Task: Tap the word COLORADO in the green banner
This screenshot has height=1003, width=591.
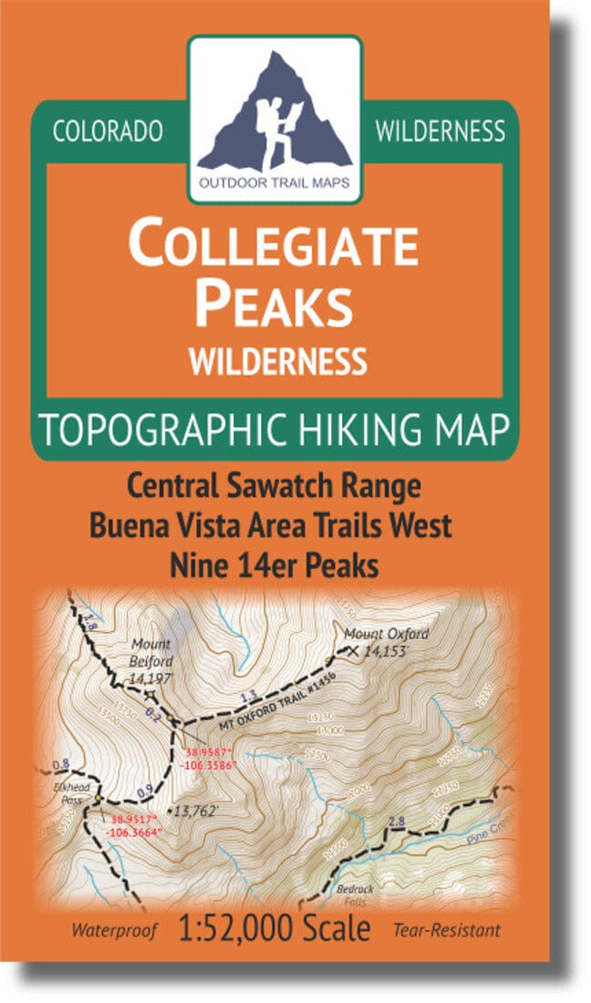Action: point(108,131)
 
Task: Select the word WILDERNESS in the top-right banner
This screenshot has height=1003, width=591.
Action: point(440,131)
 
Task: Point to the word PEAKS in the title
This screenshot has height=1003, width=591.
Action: point(275,305)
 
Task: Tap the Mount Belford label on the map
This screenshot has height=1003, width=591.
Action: point(150,650)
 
